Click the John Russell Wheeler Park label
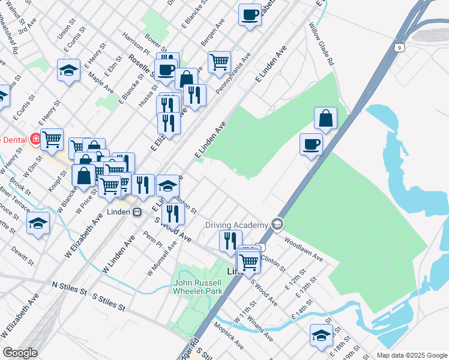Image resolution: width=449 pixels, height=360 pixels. pos(197,287)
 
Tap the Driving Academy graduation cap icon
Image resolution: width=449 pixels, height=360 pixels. pos(277,224)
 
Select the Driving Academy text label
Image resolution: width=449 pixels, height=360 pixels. pos(237,225)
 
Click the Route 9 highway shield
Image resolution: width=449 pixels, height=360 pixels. pos(400,46)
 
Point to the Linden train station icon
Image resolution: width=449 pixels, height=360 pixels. pos(137,212)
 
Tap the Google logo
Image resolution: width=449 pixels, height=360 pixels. pos(20,353)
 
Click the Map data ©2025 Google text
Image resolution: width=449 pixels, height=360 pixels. pos(412,355)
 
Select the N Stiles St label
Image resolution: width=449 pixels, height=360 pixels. pos(69,289)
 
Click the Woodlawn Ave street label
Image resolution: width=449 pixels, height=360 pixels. pos(304,251)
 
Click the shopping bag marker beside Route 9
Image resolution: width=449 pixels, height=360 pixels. pos(325,119)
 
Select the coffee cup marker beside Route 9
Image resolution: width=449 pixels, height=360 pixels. pos(312,144)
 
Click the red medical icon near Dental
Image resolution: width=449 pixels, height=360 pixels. pos(35,139)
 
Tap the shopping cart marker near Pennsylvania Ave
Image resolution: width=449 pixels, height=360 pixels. pos(220,61)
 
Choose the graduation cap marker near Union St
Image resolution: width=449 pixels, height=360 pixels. pos(69,70)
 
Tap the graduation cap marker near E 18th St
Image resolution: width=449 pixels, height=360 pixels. pos(322,335)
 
